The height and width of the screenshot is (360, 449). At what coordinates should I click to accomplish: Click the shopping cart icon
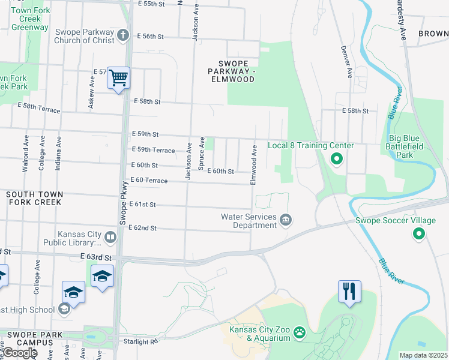click(119, 77)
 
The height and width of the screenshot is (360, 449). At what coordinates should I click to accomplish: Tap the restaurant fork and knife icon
click(349, 291)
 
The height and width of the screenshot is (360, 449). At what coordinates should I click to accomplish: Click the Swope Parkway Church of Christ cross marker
click(123, 35)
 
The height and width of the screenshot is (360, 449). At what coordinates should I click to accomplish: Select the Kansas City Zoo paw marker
click(298, 332)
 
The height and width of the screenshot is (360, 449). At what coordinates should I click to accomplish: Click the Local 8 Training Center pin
click(336, 159)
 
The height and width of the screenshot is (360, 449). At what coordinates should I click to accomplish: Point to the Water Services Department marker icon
click(286, 221)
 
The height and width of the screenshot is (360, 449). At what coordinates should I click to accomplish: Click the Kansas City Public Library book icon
click(110, 238)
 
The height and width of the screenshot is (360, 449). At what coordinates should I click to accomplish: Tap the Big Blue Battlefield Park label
click(415, 150)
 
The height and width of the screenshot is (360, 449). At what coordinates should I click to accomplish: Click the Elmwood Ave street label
click(254, 163)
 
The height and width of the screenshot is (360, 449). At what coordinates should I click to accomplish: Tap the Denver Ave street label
click(347, 62)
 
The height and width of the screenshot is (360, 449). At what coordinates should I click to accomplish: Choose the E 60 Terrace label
click(148, 180)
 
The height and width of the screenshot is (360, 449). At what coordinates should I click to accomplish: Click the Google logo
click(19, 353)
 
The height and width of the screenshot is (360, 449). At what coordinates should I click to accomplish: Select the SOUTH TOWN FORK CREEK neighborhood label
click(34, 198)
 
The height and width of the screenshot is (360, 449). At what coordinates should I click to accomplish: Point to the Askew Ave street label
click(91, 95)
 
